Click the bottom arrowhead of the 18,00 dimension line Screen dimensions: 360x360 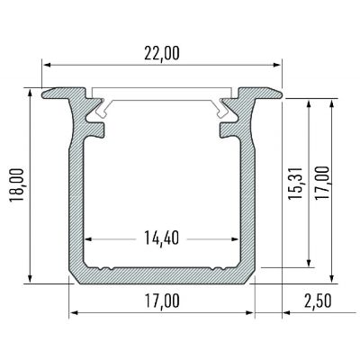(32, 279)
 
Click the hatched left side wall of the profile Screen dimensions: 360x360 (77, 198)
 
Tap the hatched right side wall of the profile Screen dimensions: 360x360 (247, 198)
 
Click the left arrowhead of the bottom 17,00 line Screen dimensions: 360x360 (73, 313)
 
